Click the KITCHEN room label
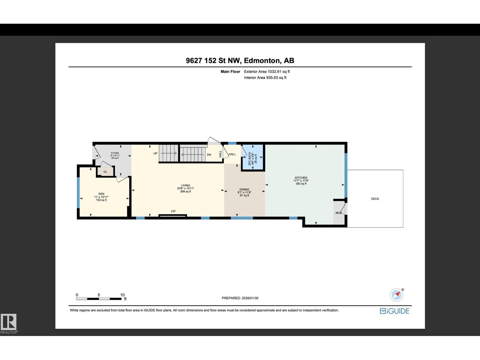(301, 178)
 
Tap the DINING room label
(244, 190)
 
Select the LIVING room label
(185, 185)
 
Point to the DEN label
(101, 194)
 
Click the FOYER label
(115, 153)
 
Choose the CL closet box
(105, 172)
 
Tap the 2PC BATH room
(253, 158)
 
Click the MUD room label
(338, 213)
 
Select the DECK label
(375, 199)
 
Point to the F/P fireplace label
(173, 211)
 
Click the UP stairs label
(155, 153)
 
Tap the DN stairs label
(209, 155)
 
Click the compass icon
(397, 295)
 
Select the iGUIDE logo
(394, 311)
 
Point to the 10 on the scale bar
(122, 295)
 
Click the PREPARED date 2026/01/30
(240, 298)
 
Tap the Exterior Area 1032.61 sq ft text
(267, 72)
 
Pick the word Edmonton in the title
(262, 61)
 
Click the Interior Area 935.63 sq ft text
(265, 78)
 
